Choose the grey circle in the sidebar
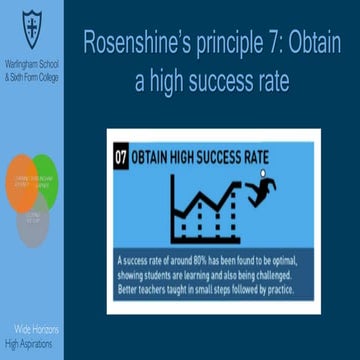[32, 213]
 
